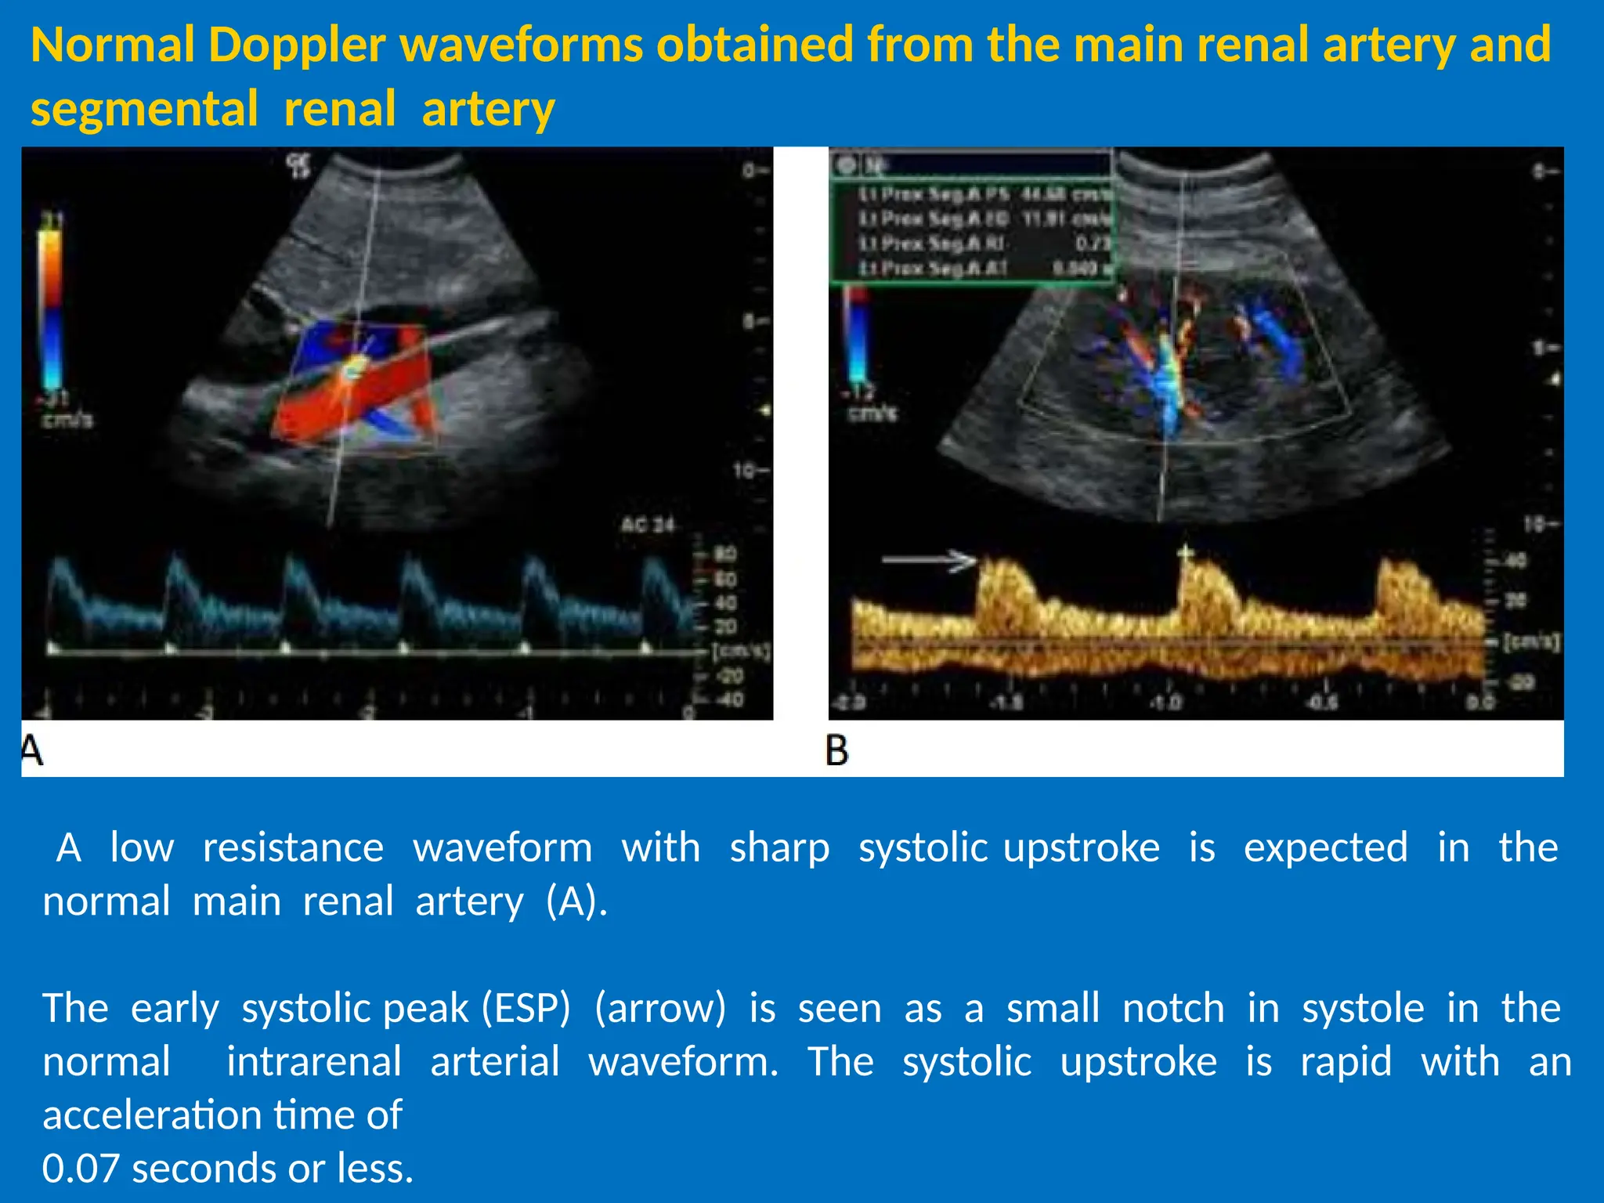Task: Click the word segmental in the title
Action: (x=144, y=110)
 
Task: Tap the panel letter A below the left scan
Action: (x=32, y=750)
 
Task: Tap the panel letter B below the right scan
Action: (x=836, y=750)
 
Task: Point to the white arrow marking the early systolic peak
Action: (x=930, y=560)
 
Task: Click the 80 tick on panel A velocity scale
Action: (x=725, y=555)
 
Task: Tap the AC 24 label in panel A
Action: (x=648, y=525)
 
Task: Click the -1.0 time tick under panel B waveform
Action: (x=1166, y=703)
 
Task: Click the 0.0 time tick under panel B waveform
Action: (x=1479, y=703)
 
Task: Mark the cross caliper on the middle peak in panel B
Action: (x=1187, y=554)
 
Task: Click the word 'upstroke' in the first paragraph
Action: (x=1082, y=848)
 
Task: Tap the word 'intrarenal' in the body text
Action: (x=314, y=1062)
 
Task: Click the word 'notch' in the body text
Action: (x=1173, y=1008)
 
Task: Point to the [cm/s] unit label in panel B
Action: (x=1531, y=642)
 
